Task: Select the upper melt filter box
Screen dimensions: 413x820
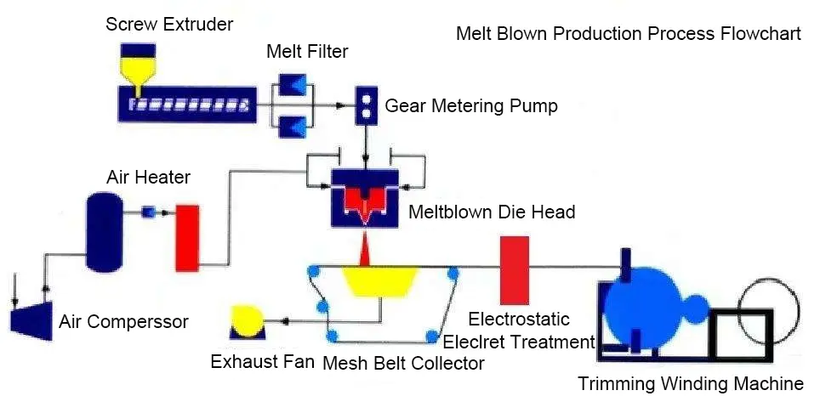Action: coord(292,85)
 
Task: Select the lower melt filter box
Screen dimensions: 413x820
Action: coord(292,127)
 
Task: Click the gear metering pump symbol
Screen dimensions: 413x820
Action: coord(367,106)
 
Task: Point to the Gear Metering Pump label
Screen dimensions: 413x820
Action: coord(471,106)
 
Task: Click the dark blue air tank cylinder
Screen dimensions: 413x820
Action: coord(104,230)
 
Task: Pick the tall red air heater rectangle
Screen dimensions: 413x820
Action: coord(186,238)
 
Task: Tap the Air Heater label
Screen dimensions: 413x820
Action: coord(148,178)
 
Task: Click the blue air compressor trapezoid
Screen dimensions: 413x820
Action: coord(27,320)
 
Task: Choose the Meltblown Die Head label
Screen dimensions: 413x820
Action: coord(492,212)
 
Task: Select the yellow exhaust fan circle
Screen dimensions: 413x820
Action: coord(248,322)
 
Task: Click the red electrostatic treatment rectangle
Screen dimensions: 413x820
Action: coord(514,270)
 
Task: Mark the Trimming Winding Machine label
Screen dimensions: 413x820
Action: coord(690,384)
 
